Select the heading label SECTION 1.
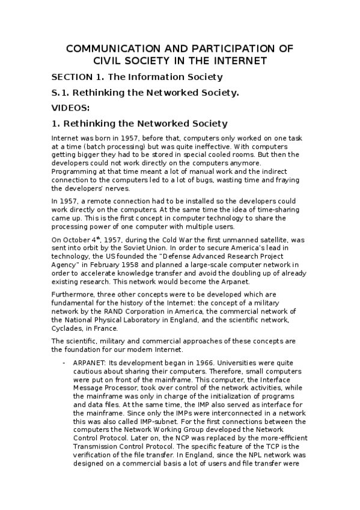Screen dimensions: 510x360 [x=76, y=77]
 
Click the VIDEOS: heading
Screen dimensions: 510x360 [x=70, y=108]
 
